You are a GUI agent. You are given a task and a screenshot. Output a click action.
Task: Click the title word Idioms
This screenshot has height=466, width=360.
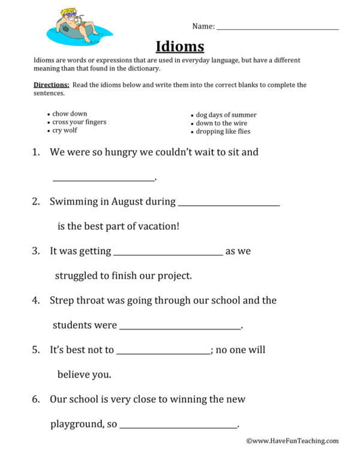click(x=180, y=46)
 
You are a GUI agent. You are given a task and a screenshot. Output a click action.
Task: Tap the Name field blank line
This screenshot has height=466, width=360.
click(x=277, y=28)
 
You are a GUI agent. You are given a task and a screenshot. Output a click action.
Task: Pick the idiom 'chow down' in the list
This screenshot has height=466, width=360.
click(x=70, y=114)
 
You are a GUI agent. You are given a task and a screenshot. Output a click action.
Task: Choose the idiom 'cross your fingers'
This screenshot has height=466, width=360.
click(x=79, y=122)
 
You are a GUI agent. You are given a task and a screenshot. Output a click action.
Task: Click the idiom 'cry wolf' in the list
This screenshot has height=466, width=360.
click(x=65, y=131)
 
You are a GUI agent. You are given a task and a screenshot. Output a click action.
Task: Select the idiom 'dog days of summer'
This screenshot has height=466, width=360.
click(x=226, y=115)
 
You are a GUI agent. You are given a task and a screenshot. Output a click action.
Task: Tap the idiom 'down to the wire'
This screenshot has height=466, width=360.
click(x=221, y=123)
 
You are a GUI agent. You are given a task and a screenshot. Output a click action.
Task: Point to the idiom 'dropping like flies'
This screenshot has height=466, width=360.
click(x=223, y=131)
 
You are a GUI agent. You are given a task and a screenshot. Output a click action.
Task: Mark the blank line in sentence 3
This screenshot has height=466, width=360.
click(x=168, y=254)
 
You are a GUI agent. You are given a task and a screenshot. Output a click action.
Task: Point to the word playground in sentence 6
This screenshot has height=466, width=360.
click(x=77, y=424)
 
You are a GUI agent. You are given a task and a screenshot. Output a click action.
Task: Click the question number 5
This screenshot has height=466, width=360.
click(x=35, y=350)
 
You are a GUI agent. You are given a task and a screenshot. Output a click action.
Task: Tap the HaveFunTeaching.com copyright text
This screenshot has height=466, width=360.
click(x=292, y=441)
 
